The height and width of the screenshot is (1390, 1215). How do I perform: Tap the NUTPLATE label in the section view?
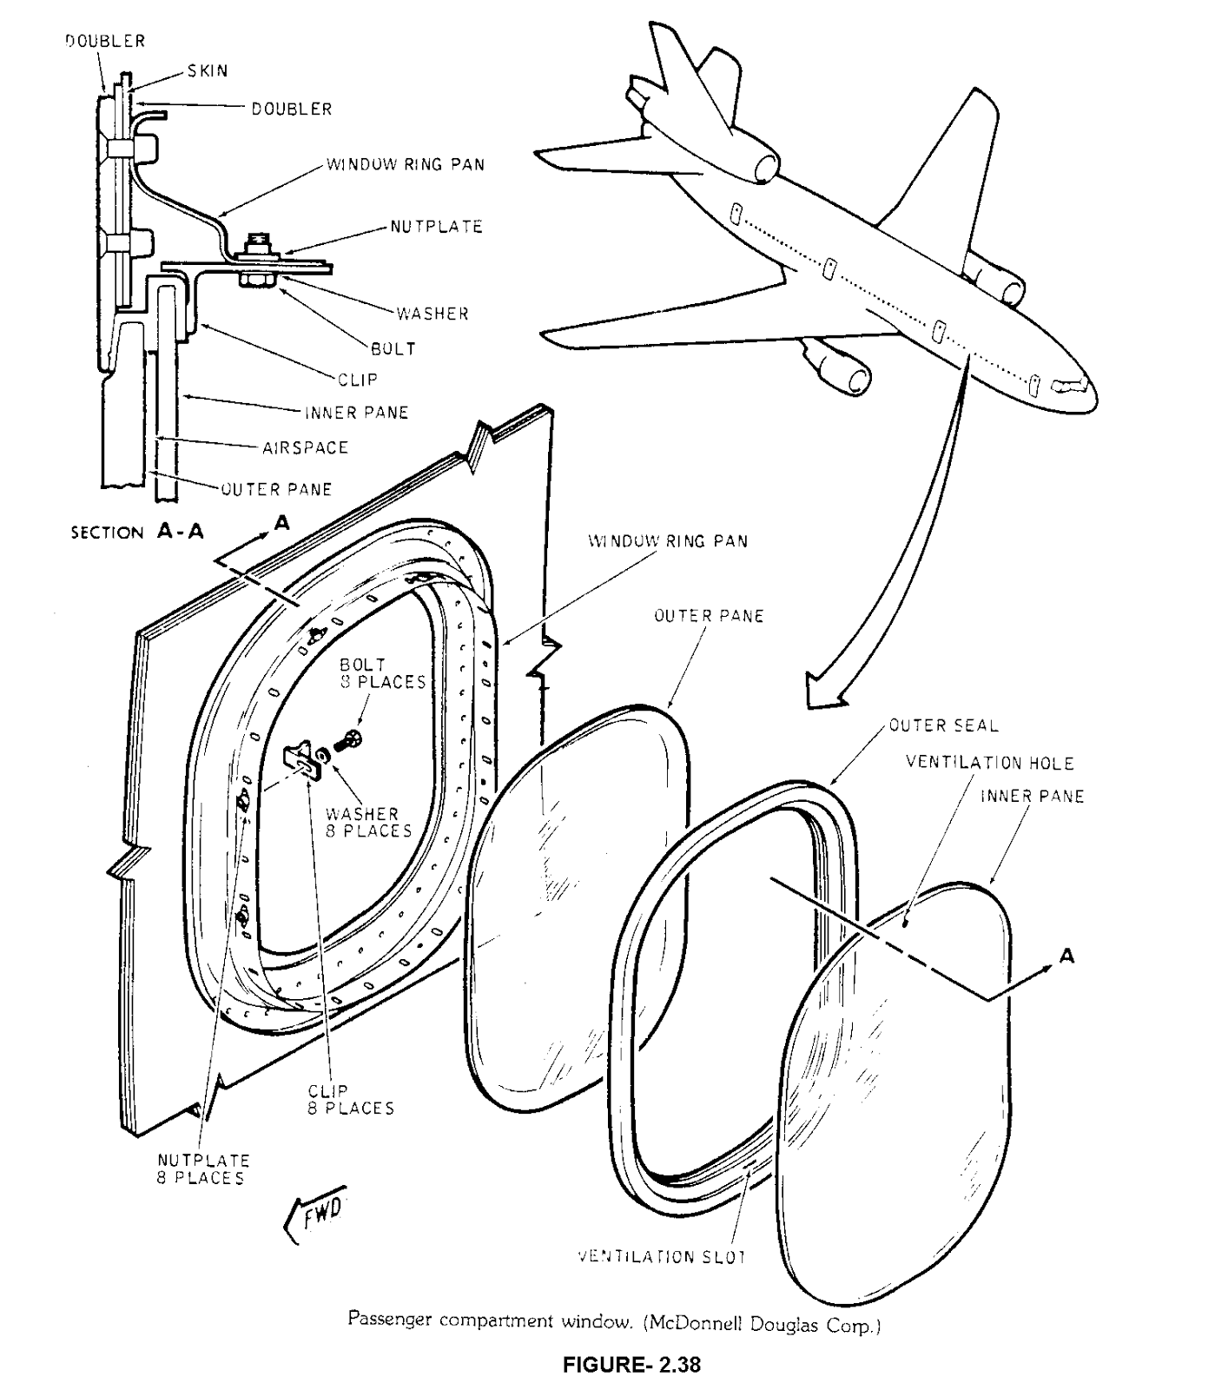click(x=436, y=227)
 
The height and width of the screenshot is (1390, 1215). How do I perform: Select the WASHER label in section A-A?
click(x=432, y=314)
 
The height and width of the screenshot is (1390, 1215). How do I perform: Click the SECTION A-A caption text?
click(x=137, y=532)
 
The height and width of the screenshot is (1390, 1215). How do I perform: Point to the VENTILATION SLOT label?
click(x=662, y=1256)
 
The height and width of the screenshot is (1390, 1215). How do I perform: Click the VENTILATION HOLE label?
click(x=989, y=763)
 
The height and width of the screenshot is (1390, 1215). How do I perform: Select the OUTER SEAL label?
click(x=943, y=725)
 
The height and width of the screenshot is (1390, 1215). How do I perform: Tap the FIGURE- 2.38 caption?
click(x=631, y=1364)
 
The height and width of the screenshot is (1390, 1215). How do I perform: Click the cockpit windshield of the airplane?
click(x=1069, y=384)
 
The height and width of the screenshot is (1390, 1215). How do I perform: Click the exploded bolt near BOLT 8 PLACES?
click(x=350, y=741)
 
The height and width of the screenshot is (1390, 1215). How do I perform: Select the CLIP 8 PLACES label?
click(x=350, y=1099)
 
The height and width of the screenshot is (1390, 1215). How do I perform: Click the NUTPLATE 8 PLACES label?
click(x=203, y=1168)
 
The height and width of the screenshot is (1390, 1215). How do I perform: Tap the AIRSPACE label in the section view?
click(x=305, y=447)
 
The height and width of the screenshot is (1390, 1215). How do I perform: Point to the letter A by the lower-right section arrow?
click(x=1067, y=956)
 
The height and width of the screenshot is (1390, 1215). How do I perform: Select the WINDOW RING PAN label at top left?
click(x=405, y=164)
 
